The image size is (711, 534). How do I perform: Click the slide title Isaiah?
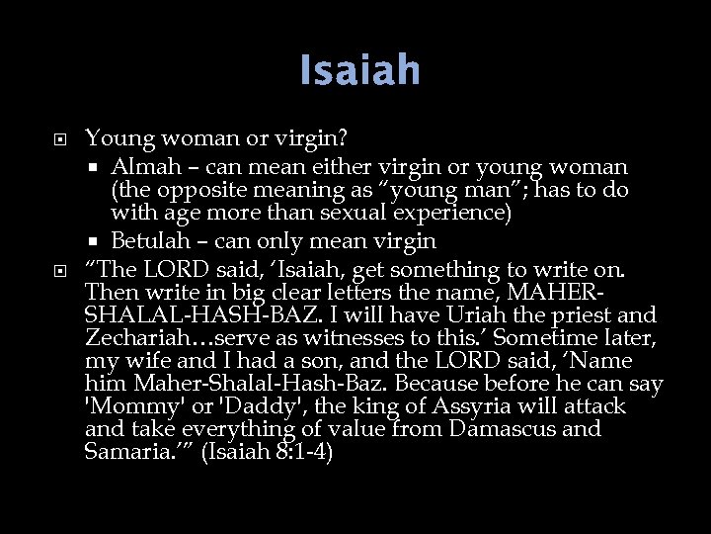coord(360,70)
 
